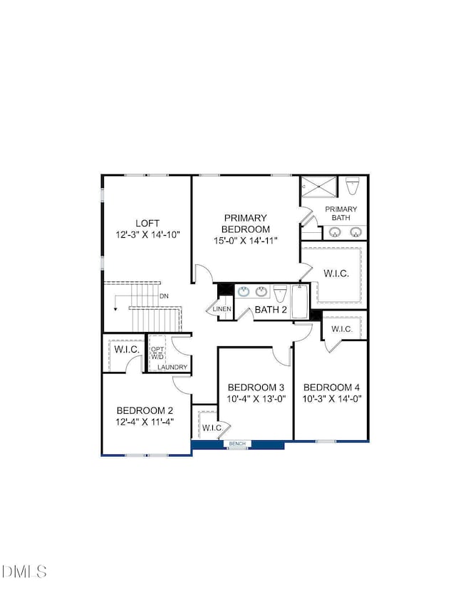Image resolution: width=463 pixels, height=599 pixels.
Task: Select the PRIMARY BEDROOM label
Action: click(x=246, y=223)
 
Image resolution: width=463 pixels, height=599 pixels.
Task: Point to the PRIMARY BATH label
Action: click(x=341, y=213)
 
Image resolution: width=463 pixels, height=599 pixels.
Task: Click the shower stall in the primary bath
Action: click(x=318, y=187)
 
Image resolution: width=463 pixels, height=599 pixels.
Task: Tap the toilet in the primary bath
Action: click(x=351, y=187)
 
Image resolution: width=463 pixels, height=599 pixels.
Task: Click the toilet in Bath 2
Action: click(x=281, y=293)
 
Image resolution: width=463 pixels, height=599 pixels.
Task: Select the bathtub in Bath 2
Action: click(x=298, y=300)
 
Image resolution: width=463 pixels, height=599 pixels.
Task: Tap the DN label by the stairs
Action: click(x=164, y=296)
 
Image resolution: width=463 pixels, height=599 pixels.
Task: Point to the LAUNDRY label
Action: click(x=173, y=368)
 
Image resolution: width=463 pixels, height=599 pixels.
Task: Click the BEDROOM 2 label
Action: click(x=145, y=410)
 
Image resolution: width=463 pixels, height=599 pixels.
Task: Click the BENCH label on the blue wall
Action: click(x=237, y=444)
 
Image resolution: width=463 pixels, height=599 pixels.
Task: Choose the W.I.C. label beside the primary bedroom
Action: click(x=336, y=273)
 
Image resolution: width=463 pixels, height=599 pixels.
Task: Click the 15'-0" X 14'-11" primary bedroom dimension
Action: click(x=246, y=240)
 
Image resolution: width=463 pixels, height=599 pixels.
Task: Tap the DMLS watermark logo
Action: click(x=24, y=571)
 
